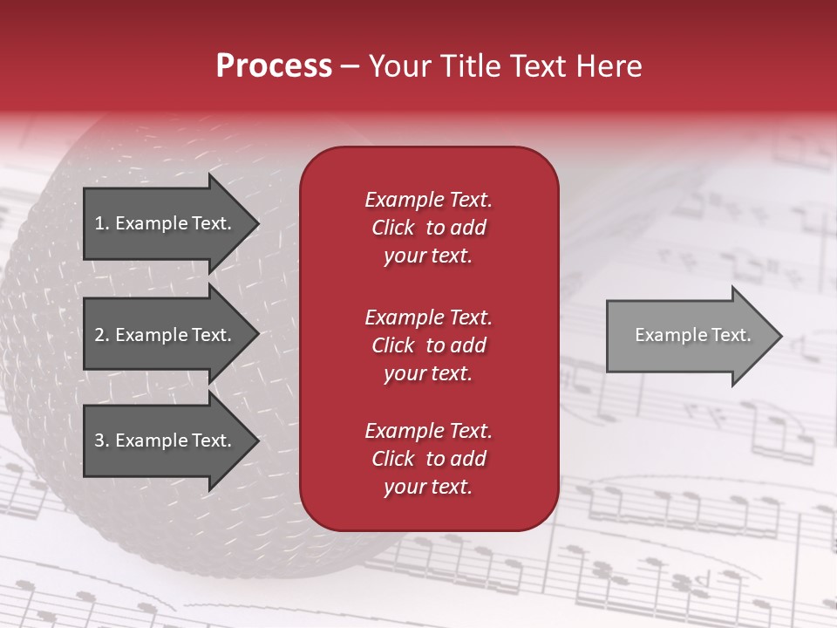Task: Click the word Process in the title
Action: (x=274, y=66)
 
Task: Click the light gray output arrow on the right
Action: (x=689, y=336)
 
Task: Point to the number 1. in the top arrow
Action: (x=102, y=223)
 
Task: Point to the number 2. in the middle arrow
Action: (x=102, y=335)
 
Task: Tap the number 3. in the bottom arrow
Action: (x=102, y=440)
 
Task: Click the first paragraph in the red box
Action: (x=428, y=228)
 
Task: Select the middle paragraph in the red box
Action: (x=428, y=345)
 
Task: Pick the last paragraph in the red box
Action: (x=428, y=459)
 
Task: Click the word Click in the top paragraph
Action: (x=393, y=228)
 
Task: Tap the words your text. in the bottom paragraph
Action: (x=428, y=487)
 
